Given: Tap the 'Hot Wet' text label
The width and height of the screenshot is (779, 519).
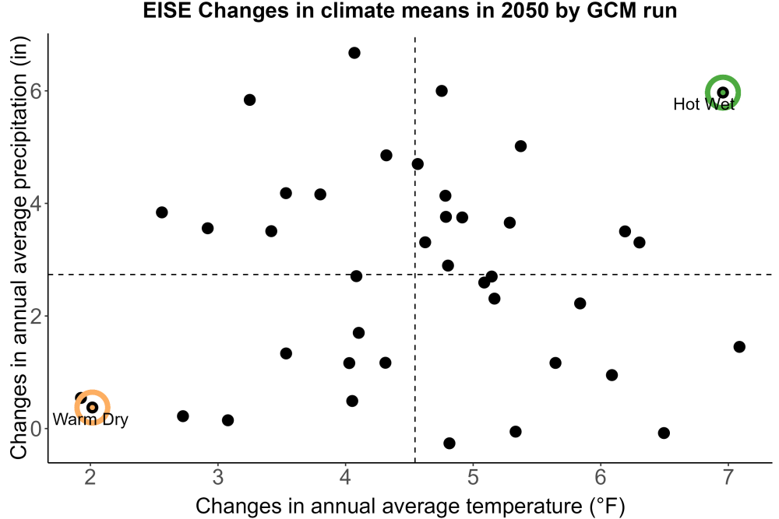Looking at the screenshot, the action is [703, 104].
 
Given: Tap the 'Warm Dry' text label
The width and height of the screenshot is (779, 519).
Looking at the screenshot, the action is [90, 419].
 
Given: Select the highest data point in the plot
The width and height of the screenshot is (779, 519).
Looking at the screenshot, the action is [354, 53].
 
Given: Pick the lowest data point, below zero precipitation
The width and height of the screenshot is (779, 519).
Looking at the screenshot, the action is [449, 443].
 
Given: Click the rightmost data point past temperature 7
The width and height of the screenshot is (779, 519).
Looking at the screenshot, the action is [739, 347].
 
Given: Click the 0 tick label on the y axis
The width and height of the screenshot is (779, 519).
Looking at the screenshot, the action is [36, 429].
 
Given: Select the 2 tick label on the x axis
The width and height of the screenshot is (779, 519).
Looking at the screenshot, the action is [90, 477].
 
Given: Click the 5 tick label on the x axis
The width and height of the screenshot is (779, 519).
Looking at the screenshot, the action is [473, 477].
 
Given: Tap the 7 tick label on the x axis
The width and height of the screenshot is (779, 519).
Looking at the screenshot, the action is [728, 477].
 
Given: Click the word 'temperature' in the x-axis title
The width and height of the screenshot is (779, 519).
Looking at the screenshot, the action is [523, 507].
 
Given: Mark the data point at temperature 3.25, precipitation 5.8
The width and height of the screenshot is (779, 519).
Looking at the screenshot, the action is [249, 100].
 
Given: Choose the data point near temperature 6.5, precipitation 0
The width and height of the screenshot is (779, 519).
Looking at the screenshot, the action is [664, 433].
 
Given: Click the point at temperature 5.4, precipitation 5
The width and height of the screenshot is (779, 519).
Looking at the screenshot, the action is [520, 146].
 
